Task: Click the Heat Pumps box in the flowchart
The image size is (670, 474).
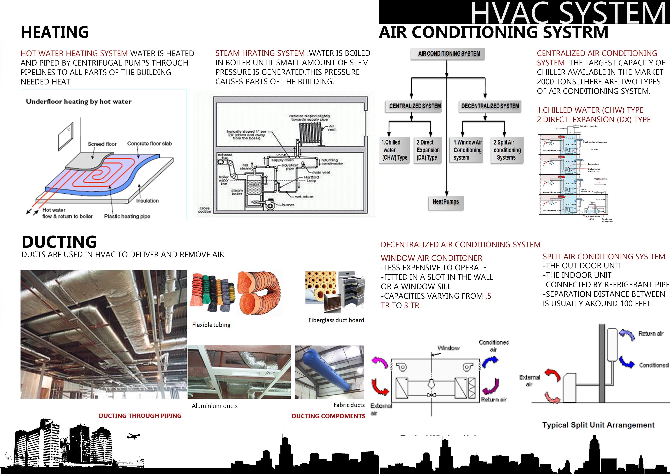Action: click(x=446, y=202)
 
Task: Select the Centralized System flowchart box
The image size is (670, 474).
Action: click(x=415, y=106)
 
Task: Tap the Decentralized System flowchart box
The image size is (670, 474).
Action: click(x=490, y=106)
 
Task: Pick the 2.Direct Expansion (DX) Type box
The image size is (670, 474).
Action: click(x=427, y=150)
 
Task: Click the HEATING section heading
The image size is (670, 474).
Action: click(x=55, y=32)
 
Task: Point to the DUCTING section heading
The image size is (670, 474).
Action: click(x=59, y=242)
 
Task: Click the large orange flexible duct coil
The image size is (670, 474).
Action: click(x=259, y=293)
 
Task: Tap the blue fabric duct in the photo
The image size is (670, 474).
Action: click(x=327, y=371)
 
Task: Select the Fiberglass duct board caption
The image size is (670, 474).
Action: click(x=336, y=320)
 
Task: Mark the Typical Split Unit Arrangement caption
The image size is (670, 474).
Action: click(x=598, y=425)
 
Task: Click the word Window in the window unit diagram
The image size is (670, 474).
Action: click(x=448, y=348)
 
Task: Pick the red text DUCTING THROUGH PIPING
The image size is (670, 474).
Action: click(x=140, y=416)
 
